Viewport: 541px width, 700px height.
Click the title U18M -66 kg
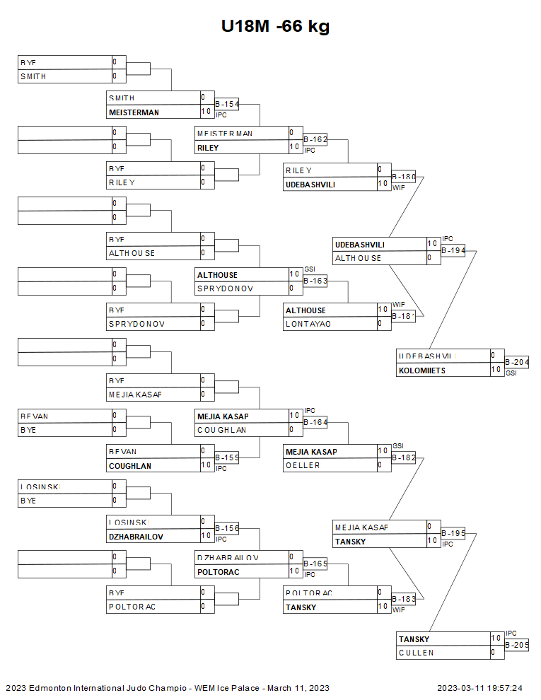(275, 27)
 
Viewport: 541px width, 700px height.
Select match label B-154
(226, 105)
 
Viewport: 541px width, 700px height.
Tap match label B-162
(315, 140)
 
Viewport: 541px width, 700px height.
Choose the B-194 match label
(453, 250)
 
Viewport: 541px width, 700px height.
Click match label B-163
(315, 281)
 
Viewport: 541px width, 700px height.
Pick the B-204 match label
(516, 363)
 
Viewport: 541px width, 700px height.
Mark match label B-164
(315, 422)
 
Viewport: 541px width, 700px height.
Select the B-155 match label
(226, 458)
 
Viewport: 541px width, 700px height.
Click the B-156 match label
(226, 528)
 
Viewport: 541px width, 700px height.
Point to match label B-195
(453, 533)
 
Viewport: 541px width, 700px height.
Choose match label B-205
(516, 645)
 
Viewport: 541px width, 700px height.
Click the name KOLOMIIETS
(422, 371)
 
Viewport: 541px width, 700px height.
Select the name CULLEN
(417, 653)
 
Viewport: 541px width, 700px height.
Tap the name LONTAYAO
(308, 325)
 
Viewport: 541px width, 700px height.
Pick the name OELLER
(303, 465)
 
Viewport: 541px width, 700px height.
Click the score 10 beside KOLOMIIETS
(496, 370)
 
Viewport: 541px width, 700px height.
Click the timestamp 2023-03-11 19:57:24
(479, 688)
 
